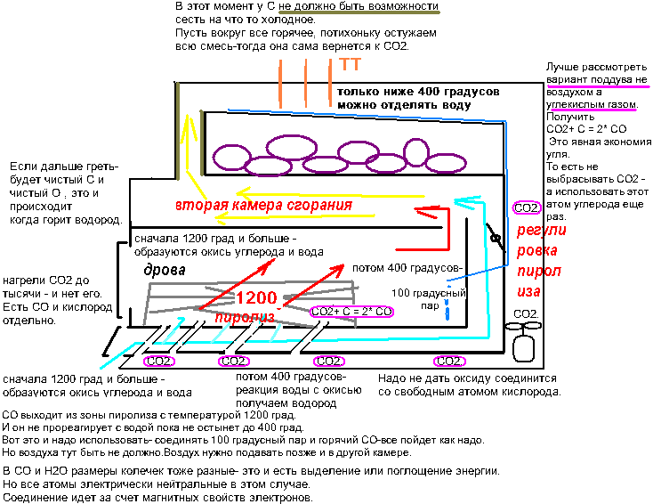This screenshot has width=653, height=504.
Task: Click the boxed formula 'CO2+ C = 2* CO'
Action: (351, 313)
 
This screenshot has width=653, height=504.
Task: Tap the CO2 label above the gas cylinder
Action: (527, 313)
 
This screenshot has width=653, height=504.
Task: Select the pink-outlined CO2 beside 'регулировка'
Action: (527, 207)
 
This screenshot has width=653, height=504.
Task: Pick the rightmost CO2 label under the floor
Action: (448, 361)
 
